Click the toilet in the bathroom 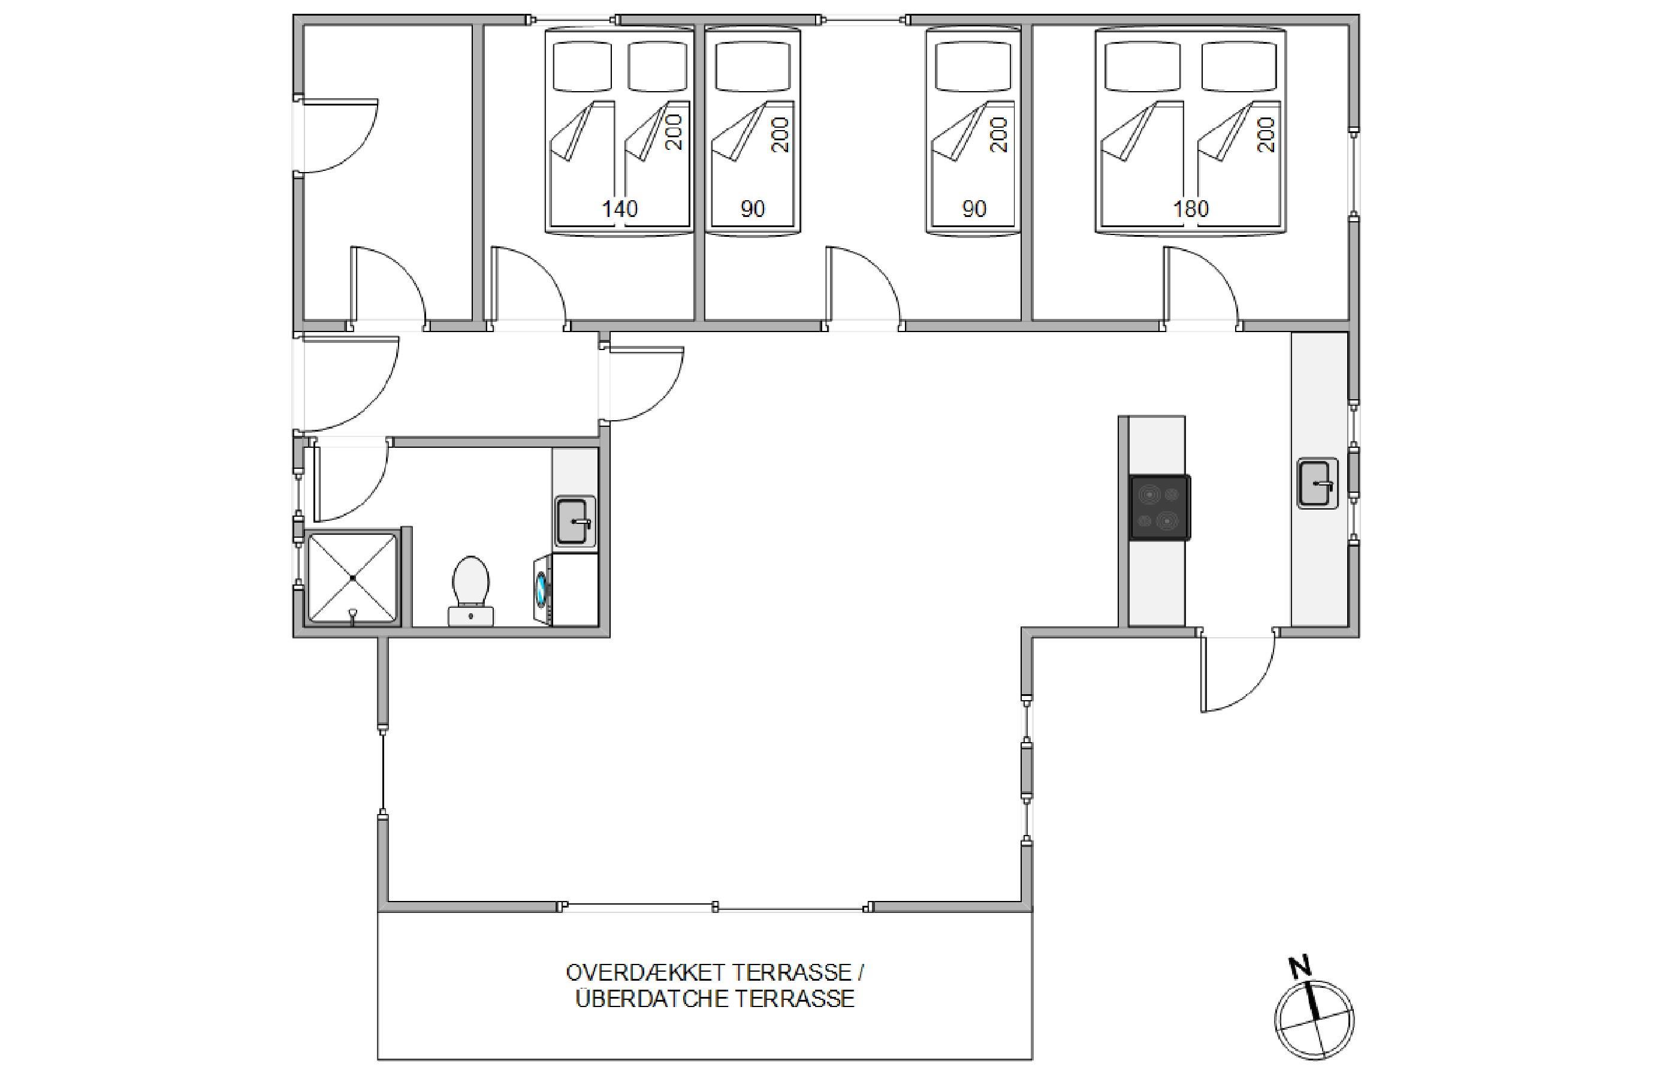click(470, 590)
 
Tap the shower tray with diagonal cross click(353, 577)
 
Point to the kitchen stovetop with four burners click(1159, 507)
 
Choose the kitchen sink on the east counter click(1317, 483)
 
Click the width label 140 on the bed click(620, 209)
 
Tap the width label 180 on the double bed click(1191, 209)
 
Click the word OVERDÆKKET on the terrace click(645, 972)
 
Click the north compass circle click(1314, 1021)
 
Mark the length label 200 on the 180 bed click(1266, 134)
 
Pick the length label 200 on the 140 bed click(674, 132)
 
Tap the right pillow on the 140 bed click(657, 67)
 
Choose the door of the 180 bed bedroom click(1202, 287)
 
